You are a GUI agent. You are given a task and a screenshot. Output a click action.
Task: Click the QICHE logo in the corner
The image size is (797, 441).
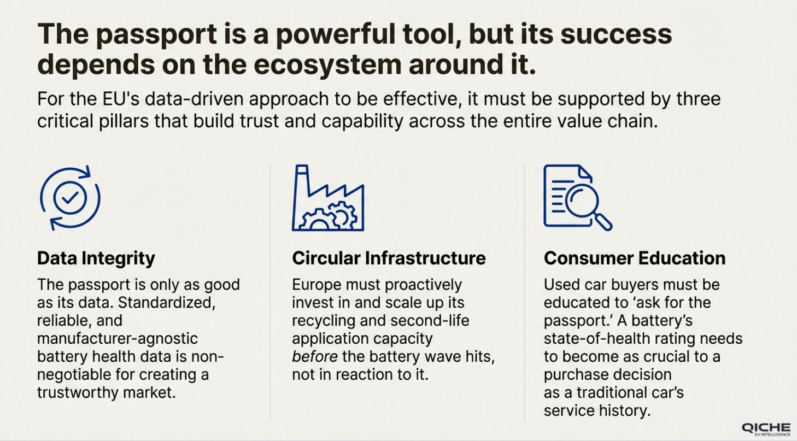[x=766, y=430]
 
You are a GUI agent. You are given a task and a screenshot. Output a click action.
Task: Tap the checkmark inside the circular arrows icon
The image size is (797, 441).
[x=70, y=197]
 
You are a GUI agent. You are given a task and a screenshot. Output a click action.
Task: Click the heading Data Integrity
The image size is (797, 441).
[x=96, y=258]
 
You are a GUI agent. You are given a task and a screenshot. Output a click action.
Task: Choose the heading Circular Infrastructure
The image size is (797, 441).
[x=389, y=258]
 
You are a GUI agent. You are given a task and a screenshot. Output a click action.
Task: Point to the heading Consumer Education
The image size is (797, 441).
[x=635, y=258]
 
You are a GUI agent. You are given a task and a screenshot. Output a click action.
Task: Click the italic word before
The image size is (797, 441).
[x=314, y=356]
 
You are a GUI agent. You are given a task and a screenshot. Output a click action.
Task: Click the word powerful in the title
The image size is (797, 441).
[x=336, y=34]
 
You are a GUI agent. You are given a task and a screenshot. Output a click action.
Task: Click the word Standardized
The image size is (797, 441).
[x=167, y=303]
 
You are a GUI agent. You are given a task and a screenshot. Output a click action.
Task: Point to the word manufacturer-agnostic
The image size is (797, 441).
[x=118, y=339]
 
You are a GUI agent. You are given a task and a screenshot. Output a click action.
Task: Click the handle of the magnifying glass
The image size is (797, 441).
[x=603, y=222]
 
